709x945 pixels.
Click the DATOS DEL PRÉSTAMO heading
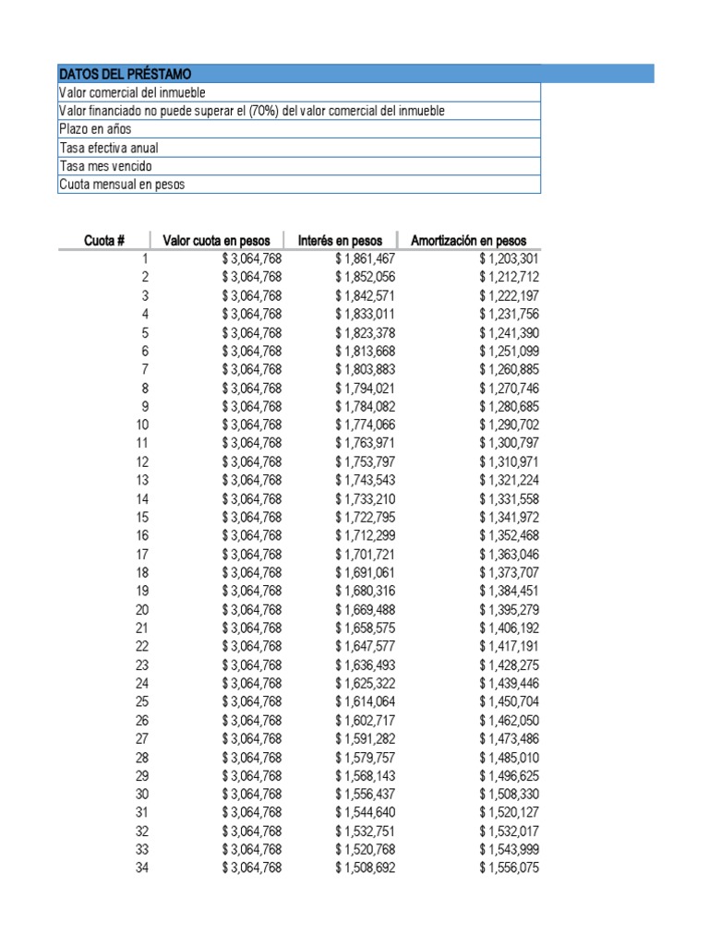click(x=126, y=74)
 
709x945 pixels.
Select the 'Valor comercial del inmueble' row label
click(x=132, y=92)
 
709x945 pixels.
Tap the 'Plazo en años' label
click(x=95, y=129)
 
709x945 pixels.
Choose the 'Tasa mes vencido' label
click(x=105, y=166)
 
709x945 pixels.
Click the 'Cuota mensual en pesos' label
click(x=122, y=185)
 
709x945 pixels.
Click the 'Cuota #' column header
click(x=104, y=241)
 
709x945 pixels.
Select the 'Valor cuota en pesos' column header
click(x=221, y=241)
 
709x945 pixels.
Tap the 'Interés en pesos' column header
click(x=340, y=241)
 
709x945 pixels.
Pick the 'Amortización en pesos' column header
click(x=468, y=241)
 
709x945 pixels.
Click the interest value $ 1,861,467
click(x=365, y=259)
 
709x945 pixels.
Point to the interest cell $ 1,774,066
click(x=365, y=425)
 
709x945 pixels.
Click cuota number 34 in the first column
click(x=141, y=868)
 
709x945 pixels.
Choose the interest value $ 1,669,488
click(x=365, y=610)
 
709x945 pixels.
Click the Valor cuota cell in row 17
click(x=251, y=555)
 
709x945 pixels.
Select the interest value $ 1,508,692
click(x=365, y=868)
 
